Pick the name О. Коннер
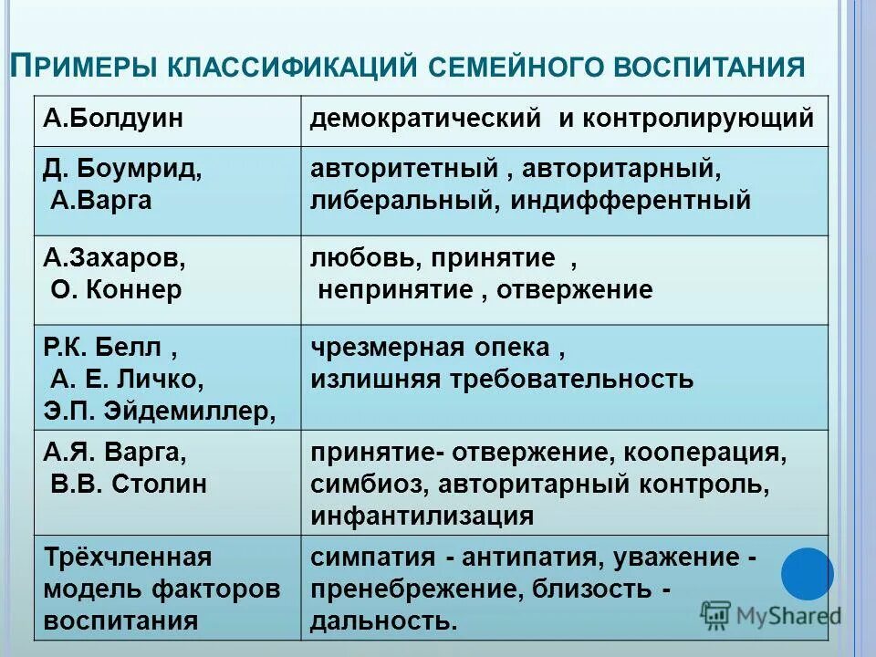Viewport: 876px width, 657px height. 116,289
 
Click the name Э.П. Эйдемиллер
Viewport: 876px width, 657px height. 161,410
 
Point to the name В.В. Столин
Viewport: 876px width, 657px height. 129,484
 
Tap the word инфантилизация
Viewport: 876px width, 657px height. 422,516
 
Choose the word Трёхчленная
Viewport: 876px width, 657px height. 128,557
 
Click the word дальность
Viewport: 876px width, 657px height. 381,621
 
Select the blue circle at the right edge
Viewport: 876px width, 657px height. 808,573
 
